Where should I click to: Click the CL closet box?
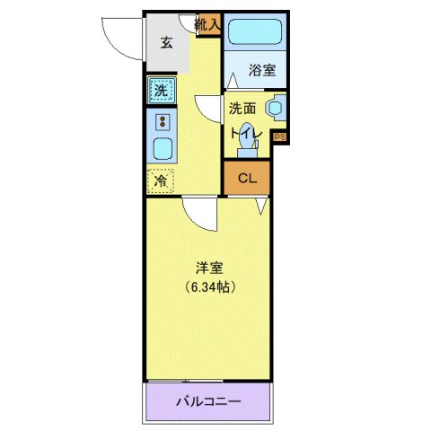247,178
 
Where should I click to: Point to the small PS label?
279,136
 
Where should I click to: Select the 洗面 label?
242,109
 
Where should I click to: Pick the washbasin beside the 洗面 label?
276,108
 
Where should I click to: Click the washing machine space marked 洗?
161,90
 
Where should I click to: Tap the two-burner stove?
163,122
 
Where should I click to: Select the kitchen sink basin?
163,149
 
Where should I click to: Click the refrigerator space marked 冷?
161,180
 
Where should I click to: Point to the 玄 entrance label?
166,41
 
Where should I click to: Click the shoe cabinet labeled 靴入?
207,24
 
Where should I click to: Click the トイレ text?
245,133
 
